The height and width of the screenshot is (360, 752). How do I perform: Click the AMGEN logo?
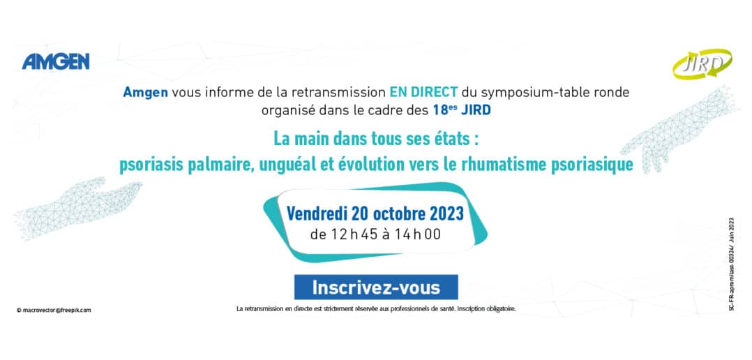[x=56, y=61]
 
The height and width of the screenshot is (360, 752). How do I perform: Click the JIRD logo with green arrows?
[x=702, y=64]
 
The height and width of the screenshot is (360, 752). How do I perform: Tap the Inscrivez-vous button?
[x=376, y=287]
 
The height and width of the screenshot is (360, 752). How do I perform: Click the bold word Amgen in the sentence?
[x=145, y=92]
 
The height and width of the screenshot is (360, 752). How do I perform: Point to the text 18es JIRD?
[x=461, y=110]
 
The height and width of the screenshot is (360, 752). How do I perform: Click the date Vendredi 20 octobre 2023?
[x=375, y=213]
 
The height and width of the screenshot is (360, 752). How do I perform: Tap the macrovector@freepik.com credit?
[x=54, y=310]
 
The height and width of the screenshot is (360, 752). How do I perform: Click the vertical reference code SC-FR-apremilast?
[x=731, y=264]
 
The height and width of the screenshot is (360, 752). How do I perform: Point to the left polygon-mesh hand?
[x=77, y=207]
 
